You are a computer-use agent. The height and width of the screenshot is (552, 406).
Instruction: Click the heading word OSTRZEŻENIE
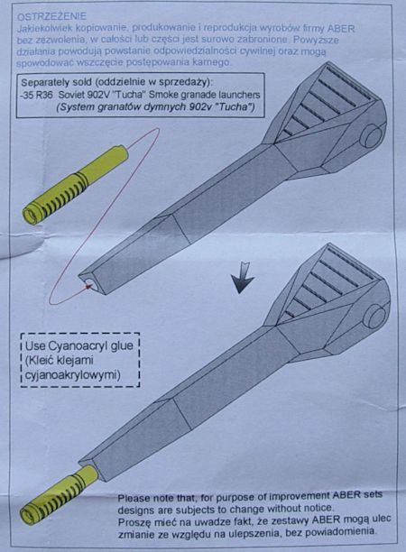51,16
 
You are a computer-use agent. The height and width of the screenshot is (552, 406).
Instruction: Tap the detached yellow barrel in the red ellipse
75,185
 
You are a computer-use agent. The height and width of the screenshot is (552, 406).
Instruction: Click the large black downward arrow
243,278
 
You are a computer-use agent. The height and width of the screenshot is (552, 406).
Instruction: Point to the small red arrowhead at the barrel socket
89,287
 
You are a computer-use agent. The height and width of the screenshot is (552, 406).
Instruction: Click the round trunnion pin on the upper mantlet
374,136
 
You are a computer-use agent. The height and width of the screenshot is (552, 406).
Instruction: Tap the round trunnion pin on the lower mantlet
375,316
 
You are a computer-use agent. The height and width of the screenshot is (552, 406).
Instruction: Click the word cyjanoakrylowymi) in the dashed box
73,375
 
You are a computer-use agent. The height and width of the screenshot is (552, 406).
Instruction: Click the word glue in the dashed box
122,345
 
